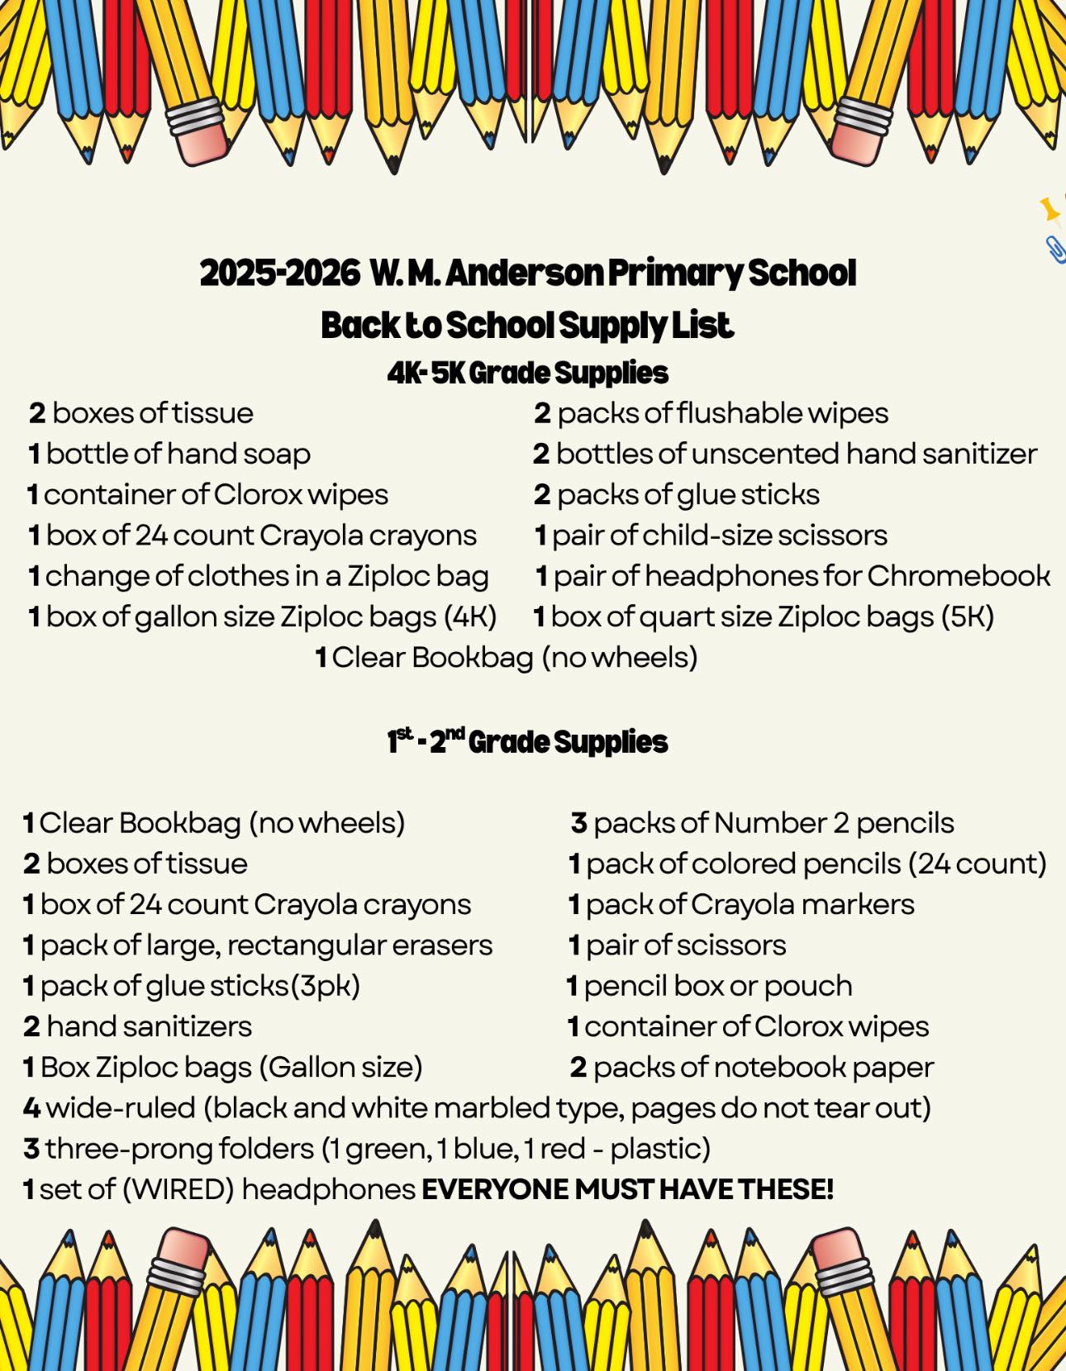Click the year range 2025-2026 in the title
coord(279,273)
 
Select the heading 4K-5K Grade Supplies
coord(527,373)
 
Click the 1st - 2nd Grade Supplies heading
coord(527,741)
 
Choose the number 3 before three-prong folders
coord(31,1149)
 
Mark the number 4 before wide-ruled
coord(31,1107)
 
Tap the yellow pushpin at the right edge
coord(1049,209)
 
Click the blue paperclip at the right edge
coord(1055,249)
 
